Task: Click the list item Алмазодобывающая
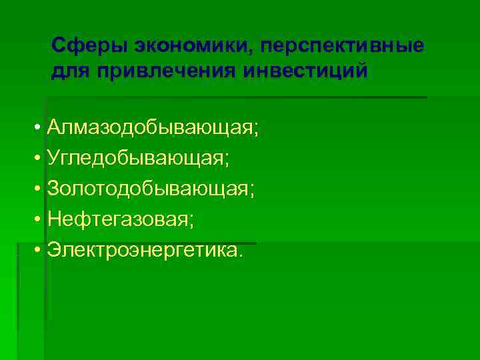coord(150,127)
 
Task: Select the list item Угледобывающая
coord(137,158)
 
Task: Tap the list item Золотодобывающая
coord(148,189)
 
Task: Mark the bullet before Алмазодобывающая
coord(39,128)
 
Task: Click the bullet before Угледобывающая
coord(39,159)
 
